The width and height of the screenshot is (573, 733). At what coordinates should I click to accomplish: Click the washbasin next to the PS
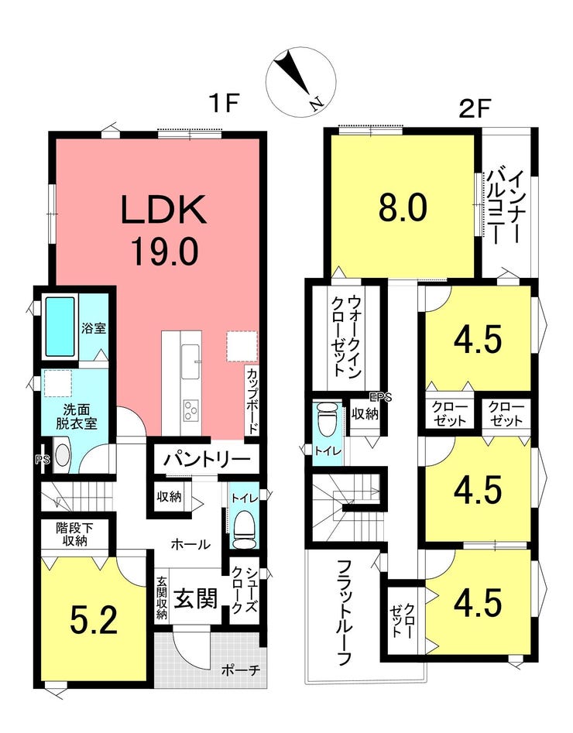(x=62, y=455)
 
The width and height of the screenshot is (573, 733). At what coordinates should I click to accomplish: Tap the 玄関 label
(x=196, y=598)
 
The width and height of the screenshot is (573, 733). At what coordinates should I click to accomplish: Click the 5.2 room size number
(x=93, y=620)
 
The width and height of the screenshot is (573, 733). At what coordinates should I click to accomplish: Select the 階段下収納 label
(x=75, y=535)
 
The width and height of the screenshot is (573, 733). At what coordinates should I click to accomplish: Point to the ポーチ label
(x=241, y=670)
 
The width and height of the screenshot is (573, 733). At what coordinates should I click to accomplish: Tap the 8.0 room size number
(x=403, y=208)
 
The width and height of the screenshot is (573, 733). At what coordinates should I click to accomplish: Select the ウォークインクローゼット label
(x=346, y=335)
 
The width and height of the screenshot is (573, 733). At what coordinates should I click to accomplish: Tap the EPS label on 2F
(x=380, y=398)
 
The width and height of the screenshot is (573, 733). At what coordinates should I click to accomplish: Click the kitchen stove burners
(x=190, y=410)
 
